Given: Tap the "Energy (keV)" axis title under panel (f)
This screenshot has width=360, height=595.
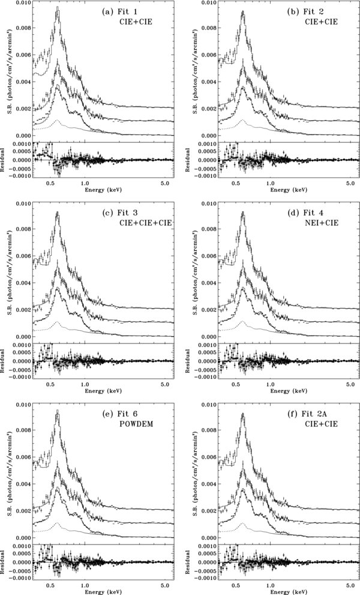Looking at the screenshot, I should (x=268, y=590).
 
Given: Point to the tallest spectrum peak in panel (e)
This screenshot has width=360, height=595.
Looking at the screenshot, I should (x=57, y=411).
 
